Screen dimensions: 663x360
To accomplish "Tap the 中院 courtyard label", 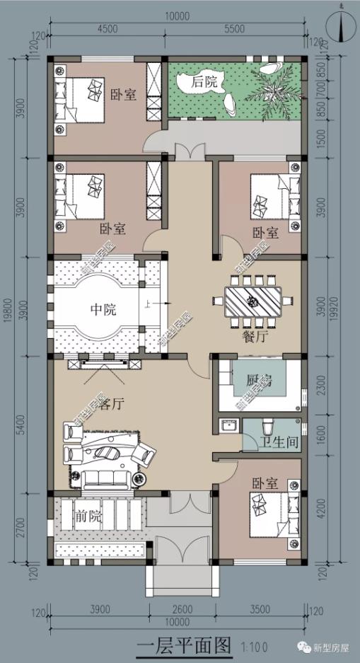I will [x=103, y=309].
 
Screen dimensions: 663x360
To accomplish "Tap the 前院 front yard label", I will [x=88, y=517].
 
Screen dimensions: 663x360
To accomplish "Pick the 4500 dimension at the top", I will [x=107, y=29].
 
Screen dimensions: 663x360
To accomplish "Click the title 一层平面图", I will [x=184, y=645].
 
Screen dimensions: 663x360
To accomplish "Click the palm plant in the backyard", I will [x=272, y=87].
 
